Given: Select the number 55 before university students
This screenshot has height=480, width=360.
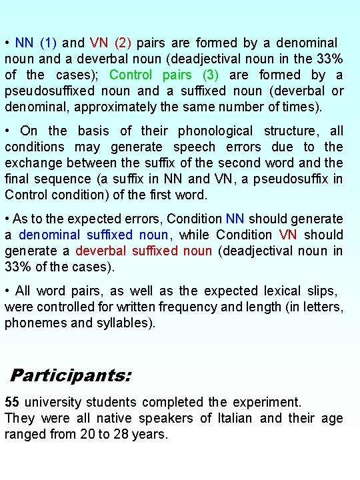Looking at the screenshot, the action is tap(12, 402).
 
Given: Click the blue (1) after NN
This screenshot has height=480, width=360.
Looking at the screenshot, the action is tap(48, 43).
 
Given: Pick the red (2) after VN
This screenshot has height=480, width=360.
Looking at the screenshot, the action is tap(123, 43).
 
